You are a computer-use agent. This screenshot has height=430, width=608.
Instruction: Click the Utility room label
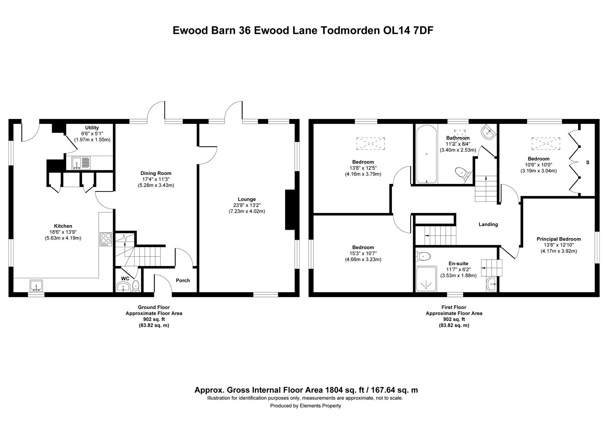click(92, 128)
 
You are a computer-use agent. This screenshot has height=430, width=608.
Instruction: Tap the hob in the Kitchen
click(106, 239)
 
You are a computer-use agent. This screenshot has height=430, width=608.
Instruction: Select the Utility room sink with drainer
click(81, 163)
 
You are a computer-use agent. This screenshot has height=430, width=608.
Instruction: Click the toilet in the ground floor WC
click(136, 286)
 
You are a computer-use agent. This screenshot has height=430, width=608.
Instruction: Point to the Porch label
click(183, 280)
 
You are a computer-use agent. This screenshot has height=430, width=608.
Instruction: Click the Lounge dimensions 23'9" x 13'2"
click(247, 205)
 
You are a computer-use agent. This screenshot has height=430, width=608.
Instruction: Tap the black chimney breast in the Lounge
click(290, 209)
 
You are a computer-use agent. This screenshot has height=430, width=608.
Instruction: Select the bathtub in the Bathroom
click(427, 154)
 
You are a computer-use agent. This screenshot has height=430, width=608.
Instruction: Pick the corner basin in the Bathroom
click(488, 133)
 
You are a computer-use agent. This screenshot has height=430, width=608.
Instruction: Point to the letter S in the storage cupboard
click(588, 162)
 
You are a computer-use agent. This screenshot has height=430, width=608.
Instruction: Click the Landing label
click(488, 225)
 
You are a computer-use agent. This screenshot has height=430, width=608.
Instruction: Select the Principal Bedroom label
click(559, 239)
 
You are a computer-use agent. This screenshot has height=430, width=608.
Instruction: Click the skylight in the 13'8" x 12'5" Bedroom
click(370, 143)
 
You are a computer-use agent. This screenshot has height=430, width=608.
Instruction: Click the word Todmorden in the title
click(350, 30)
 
